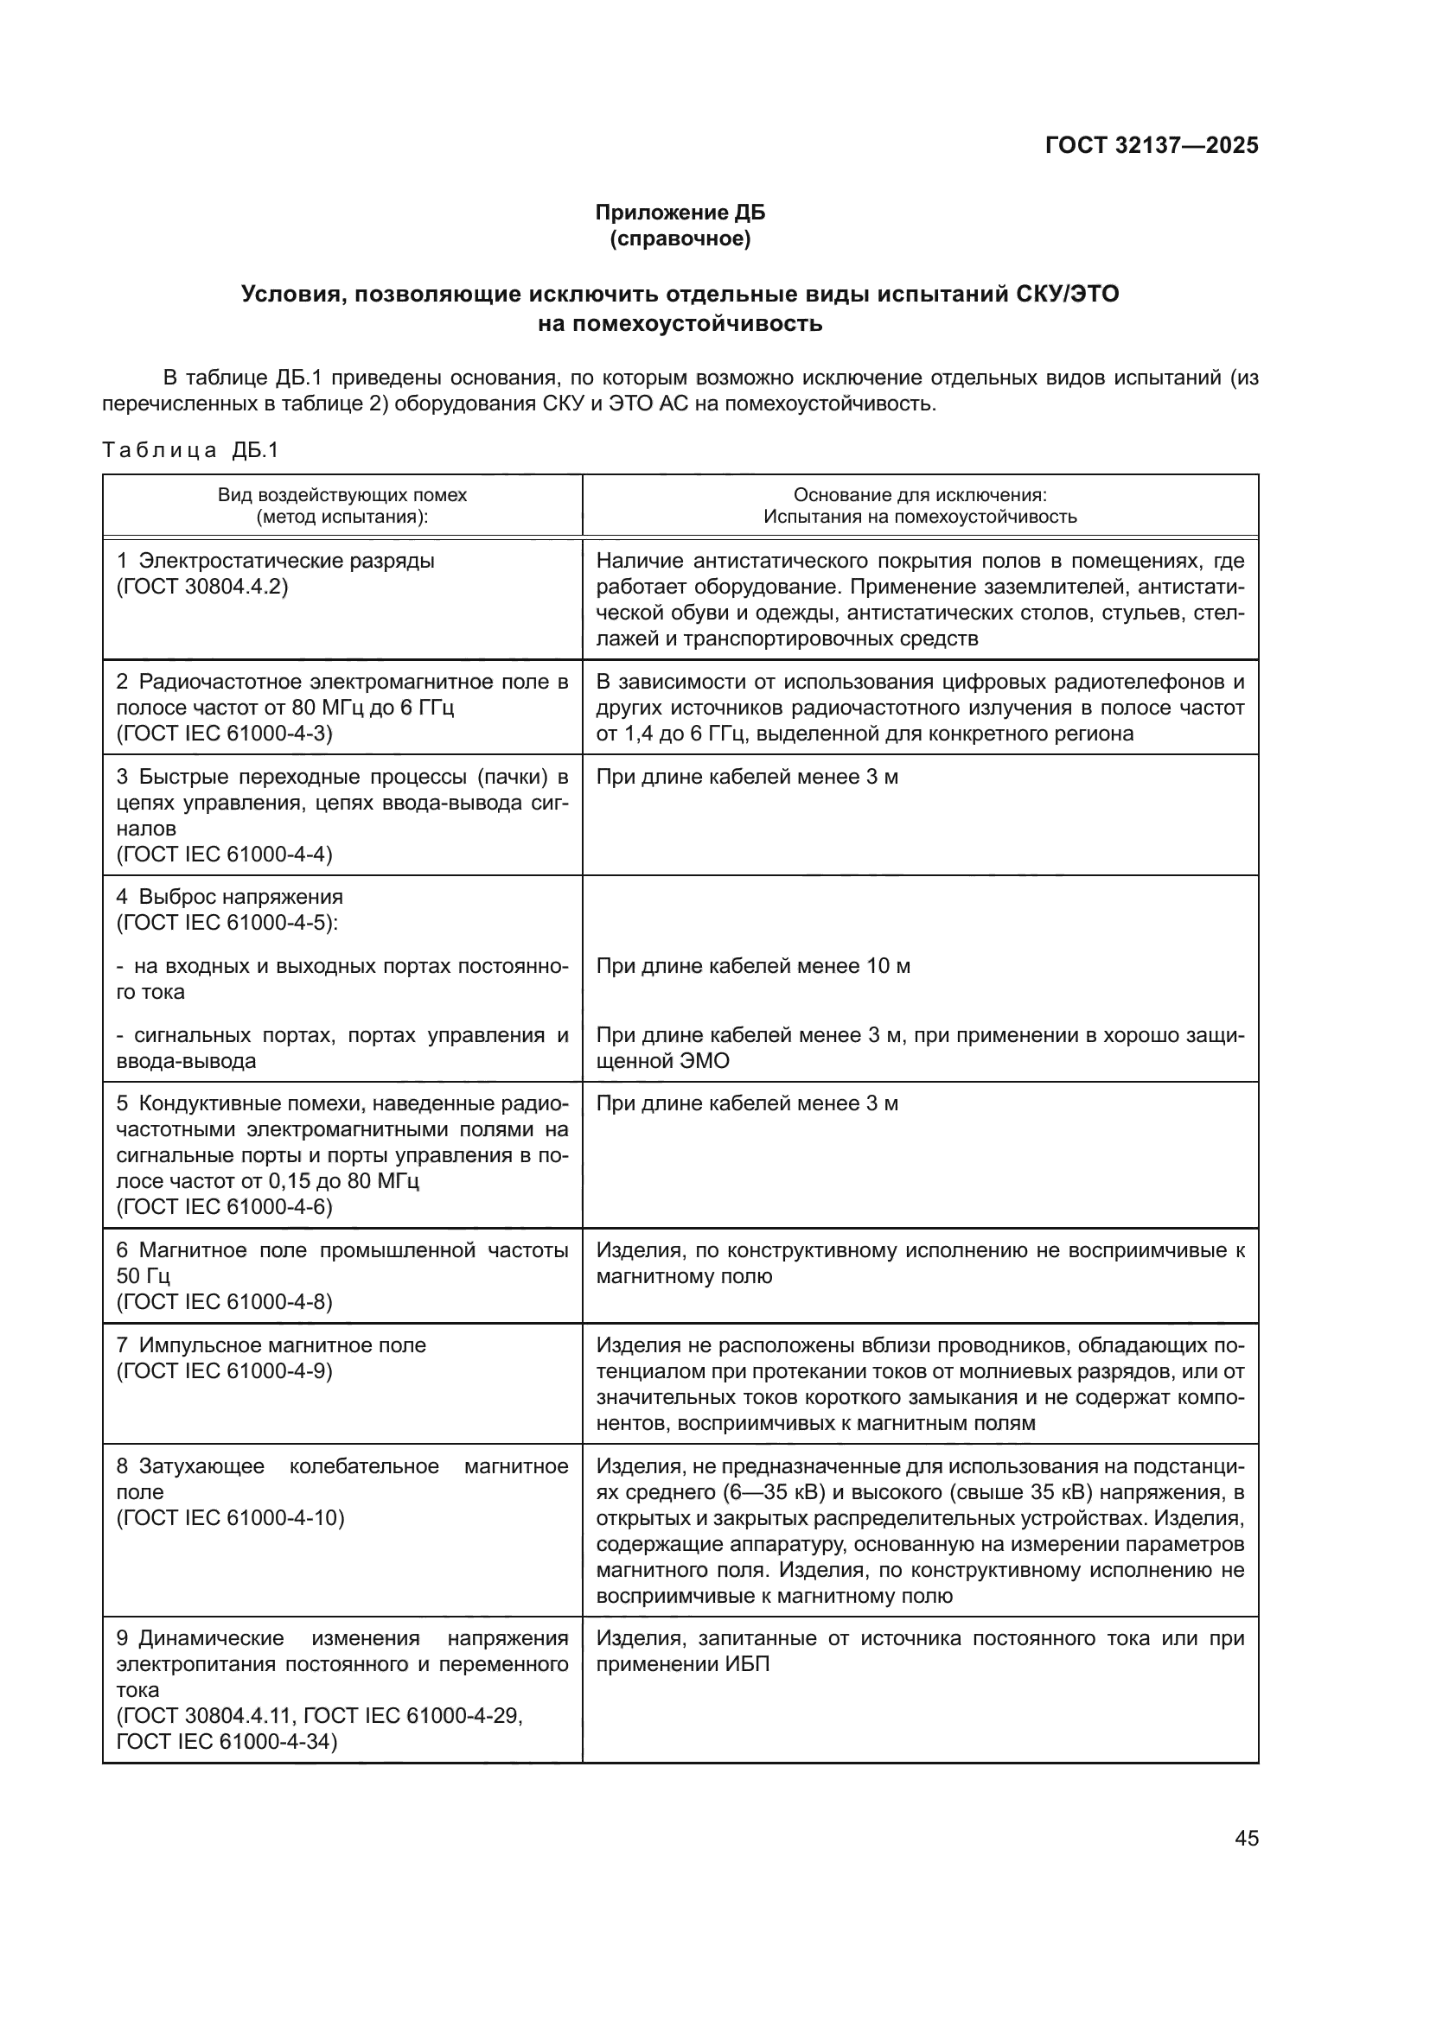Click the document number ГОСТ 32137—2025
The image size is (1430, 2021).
coord(1151,145)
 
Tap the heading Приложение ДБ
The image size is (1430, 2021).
coord(680,213)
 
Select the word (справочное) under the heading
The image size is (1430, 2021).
coord(680,238)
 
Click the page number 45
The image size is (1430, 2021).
coord(1246,1838)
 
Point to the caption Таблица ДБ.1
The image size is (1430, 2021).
coord(190,451)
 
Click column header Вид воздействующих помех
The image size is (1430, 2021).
coord(342,495)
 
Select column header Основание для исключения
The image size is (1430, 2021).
coord(919,495)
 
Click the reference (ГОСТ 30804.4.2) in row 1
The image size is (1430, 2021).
coord(202,587)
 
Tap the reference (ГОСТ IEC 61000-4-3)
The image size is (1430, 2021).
coord(225,734)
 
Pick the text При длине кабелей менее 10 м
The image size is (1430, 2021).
coord(753,967)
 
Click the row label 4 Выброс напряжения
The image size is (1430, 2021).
coord(230,897)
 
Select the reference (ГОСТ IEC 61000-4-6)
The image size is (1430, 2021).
coord(225,1207)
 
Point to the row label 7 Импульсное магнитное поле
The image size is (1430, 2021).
coord(271,1345)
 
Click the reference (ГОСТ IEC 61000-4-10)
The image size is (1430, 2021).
coord(231,1517)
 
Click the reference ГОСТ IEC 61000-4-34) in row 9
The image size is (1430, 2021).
coord(227,1742)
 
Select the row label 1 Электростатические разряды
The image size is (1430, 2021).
coord(276,561)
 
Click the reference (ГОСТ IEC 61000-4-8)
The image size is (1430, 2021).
coord(225,1302)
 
